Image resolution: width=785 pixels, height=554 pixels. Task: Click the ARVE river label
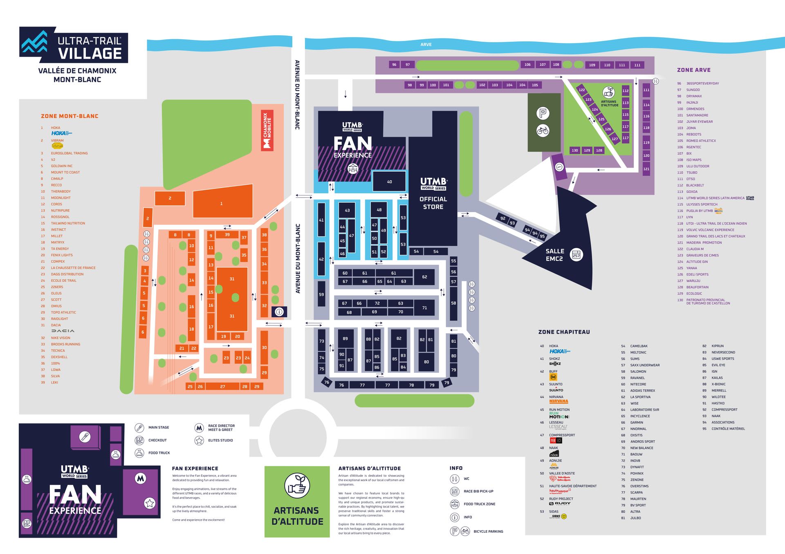pyautogui.click(x=426, y=45)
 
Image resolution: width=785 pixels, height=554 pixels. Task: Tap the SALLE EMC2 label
pyautogui.click(x=554, y=255)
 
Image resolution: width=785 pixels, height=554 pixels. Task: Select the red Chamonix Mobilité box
pyautogui.click(x=267, y=130)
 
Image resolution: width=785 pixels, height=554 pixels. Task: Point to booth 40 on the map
pyautogui.click(x=389, y=182)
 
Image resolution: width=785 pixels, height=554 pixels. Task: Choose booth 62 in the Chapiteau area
pyautogui.click(x=424, y=277)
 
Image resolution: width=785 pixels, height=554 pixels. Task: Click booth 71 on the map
pyautogui.click(x=424, y=307)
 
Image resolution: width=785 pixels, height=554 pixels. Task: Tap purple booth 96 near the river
pyautogui.click(x=394, y=65)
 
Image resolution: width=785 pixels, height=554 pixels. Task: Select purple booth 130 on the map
pyautogui.click(x=574, y=150)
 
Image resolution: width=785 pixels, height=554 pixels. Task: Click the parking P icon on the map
pyautogui.click(x=543, y=113)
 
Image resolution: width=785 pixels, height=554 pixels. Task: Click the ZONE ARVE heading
pyautogui.click(x=693, y=70)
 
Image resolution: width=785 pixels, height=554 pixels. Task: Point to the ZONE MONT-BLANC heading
pyautogui.click(x=70, y=116)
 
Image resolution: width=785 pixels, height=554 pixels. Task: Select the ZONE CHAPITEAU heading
pyautogui.click(x=564, y=332)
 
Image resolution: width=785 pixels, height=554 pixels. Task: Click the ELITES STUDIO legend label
pyautogui.click(x=220, y=440)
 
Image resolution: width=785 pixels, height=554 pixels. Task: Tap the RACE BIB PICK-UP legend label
pyautogui.click(x=478, y=491)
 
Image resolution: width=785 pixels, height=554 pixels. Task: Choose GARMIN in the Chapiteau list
pyautogui.click(x=637, y=422)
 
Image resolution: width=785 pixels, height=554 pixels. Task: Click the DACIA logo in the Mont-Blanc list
pyautogui.click(x=63, y=331)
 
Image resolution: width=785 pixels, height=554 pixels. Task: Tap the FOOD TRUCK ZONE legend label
pyautogui.click(x=479, y=504)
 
